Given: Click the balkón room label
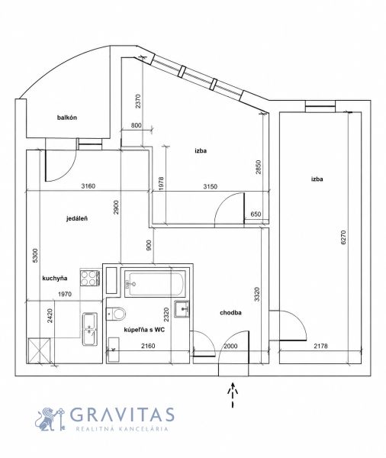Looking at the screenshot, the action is pos(67,118).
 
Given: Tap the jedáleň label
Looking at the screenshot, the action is pos(77,218).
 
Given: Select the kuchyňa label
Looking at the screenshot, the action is pos(55,278).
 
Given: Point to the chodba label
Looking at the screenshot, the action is pos(230,312).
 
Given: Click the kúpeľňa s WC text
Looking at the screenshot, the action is pos(144,330).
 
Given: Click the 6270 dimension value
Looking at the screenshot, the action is pos(343,237).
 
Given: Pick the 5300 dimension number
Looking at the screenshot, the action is pos(35,255).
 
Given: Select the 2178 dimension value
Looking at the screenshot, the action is pos(320,346).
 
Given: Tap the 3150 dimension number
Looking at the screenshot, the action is pos(211,186).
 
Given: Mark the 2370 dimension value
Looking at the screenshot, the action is pos(138,101).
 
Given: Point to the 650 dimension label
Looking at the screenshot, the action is pos(256,214).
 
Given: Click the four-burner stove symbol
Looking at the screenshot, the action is pos(90,278).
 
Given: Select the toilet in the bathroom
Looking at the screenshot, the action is pos(116,314).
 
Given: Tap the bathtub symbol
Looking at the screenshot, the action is pos(155,284).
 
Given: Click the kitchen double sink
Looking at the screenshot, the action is pos(90,329).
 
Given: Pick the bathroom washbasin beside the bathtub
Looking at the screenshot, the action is pos(182,309).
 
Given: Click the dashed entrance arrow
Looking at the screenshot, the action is pos(233,395).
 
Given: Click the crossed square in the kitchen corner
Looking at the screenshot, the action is pos(39,350).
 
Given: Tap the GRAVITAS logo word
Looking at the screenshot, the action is pos(122,414).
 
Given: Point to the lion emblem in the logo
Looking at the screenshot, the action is pos(48,419).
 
